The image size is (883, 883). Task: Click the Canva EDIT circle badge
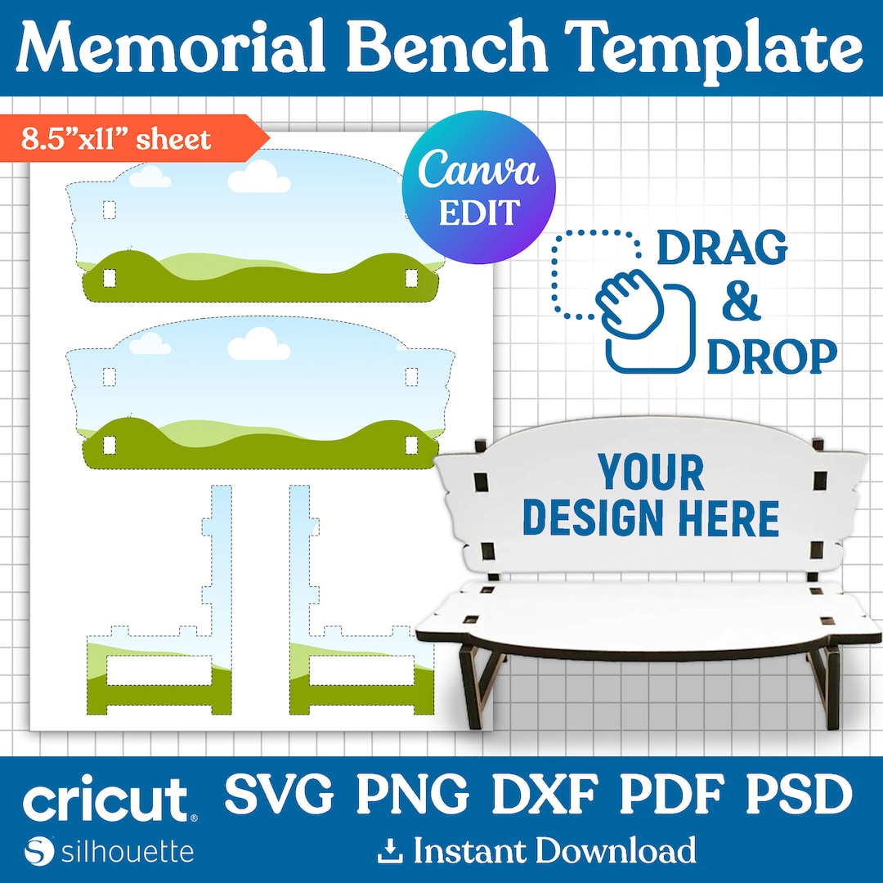(x=478, y=187)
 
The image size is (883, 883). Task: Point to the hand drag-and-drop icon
(x=624, y=301)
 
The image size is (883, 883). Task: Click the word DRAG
(x=722, y=248)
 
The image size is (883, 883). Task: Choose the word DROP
(x=772, y=356)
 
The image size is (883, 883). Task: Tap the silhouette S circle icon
(x=39, y=851)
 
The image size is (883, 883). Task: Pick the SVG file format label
(x=280, y=795)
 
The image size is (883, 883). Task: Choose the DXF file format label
(x=545, y=795)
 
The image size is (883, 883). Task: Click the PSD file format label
(x=800, y=795)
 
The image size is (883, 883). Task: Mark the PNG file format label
(x=413, y=795)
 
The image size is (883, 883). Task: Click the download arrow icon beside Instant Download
(x=390, y=851)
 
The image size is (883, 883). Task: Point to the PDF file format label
(x=672, y=795)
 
